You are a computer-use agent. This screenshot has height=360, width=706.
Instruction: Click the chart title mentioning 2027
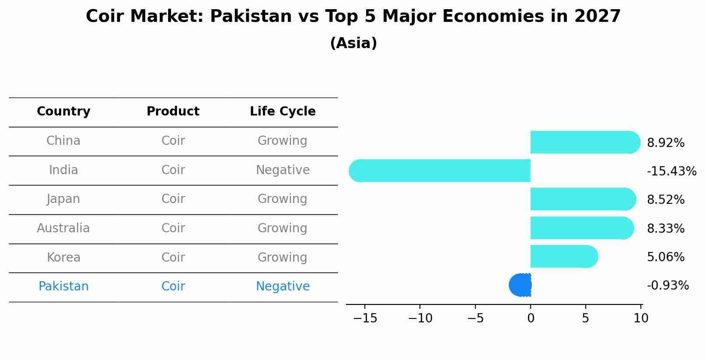(x=353, y=17)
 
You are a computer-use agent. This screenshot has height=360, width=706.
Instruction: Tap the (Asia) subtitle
(x=353, y=43)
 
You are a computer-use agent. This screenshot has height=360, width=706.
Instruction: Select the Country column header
(x=63, y=112)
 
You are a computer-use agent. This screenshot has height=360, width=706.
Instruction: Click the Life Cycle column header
(x=283, y=112)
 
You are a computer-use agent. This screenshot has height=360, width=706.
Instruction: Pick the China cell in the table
(x=63, y=141)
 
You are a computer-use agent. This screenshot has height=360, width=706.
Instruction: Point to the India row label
(x=63, y=170)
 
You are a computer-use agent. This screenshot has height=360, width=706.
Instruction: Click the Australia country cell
(x=63, y=228)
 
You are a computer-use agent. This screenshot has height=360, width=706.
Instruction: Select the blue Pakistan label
(x=63, y=287)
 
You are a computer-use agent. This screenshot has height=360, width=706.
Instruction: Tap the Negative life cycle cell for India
(x=283, y=170)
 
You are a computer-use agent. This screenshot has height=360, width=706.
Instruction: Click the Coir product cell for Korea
(x=173, y=258)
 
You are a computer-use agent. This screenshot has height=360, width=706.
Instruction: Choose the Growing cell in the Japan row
(x=283, y=199)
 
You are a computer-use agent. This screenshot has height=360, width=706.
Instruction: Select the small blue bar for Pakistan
(x=521, y=285)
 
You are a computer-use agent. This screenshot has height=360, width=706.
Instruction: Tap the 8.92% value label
(x=665, y=143)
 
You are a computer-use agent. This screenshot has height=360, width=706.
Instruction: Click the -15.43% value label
(x=671, y=171)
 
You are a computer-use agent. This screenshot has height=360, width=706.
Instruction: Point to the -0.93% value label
(x=668, y=286)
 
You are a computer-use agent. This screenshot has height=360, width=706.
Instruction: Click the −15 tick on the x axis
(x=365, y=318)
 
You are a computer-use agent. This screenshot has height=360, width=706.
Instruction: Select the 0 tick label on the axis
(x=531, y=318)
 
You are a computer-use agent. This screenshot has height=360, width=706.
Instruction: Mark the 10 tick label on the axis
(x=641, y=318)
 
